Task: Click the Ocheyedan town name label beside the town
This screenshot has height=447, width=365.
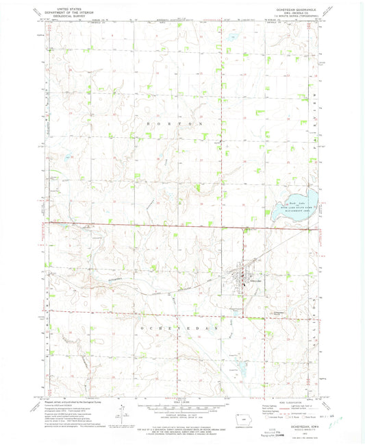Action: pyautogui.click(x=255, y=282)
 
